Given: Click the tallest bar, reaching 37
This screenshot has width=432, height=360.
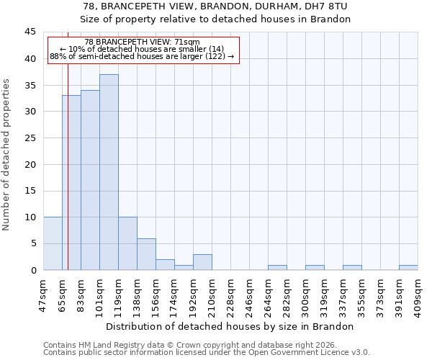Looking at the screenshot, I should pos(109,173).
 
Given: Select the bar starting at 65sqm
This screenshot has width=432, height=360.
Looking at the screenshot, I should pos(71,183).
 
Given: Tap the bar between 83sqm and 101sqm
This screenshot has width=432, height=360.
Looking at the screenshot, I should pos(90,180).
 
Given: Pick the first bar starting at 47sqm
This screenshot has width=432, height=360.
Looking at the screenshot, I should pos(53,243).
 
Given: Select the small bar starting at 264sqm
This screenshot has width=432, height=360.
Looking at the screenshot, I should pos(277,267).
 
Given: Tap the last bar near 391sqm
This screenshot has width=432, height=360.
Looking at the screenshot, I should pos(408,267).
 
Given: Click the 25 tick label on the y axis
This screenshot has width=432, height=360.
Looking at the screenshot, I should pos(30,138).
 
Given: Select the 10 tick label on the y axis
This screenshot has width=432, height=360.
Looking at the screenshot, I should pos(30,217).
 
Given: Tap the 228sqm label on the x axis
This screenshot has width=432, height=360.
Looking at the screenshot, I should pos(231,293).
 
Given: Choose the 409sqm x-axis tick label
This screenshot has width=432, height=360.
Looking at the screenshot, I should pos(418,293).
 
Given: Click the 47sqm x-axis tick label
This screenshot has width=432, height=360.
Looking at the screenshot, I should pos(44,293).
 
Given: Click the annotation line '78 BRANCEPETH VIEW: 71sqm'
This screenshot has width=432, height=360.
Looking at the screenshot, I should pos(142,42).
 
